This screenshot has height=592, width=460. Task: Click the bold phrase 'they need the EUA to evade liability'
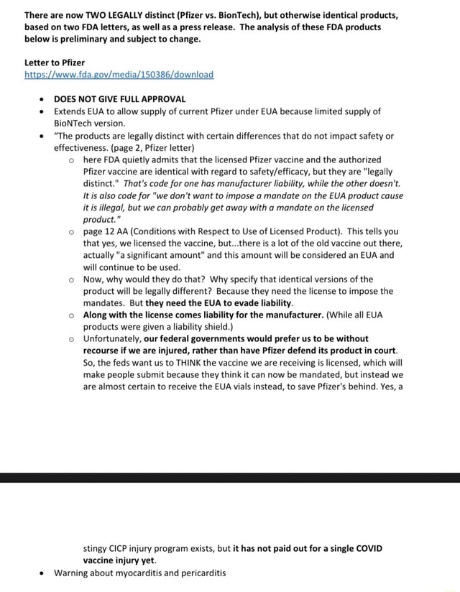coord(210,302)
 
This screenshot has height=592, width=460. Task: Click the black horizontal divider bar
coord(230,477)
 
